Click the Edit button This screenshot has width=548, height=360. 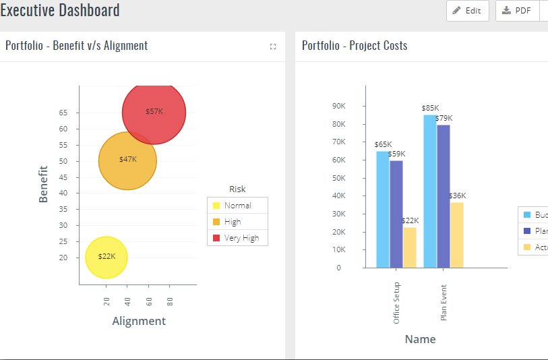pyautogui.click(x=467, y=11)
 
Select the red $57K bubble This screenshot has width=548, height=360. pyautogui.click(x=154, y=112)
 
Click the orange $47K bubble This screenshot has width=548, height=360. pyautogui.click(x=127, y=160)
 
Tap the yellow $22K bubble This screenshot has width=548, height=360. pyautogui.click(x=106, y=257)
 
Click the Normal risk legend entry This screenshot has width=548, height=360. pyautogui.click(x=237, y=206)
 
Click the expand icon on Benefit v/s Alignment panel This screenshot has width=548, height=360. pyautogui.click(x=273, y=47)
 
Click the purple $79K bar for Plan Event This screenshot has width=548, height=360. pyautogui.click(x=444, y=196)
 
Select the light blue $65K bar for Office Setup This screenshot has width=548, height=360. pyautogui.click(x=383, y=209)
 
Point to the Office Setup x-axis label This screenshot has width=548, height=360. pyautogui.click(x=396, y=303)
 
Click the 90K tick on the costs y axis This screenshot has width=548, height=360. pyautogui.click(x=340, y=107)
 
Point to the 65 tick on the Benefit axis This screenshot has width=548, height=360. pyautogui.click(x=63, y=113)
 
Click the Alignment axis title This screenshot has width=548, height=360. pyautogui.click(x=138, y=321)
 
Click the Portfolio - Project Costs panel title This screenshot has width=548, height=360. pyautogui.click(x=355, y=46)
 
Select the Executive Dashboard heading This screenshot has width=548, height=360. pyautogui.click(x=60, y=10)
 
